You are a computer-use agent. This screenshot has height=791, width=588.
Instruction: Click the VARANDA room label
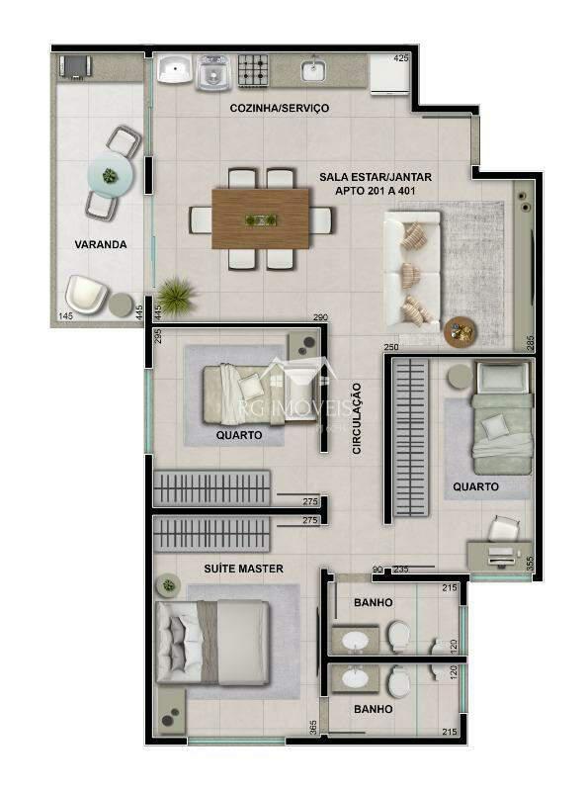coord(100,243)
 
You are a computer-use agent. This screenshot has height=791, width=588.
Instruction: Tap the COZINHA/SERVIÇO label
coord(279,108)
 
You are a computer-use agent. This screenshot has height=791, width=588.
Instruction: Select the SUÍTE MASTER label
coord(243,569)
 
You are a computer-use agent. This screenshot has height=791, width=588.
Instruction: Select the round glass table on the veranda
coord(109,176)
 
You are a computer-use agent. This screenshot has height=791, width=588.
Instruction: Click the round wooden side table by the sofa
coord(460,330)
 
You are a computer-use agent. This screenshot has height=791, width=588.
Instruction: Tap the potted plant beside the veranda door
coord(176,293)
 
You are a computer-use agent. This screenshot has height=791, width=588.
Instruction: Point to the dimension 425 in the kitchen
coord(400,59)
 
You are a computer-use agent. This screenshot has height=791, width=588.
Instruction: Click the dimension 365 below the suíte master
coord(312,727)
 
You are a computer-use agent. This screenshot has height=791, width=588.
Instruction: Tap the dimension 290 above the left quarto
coord(319,317)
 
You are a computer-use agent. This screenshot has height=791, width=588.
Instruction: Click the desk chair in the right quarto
coord(503,528)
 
